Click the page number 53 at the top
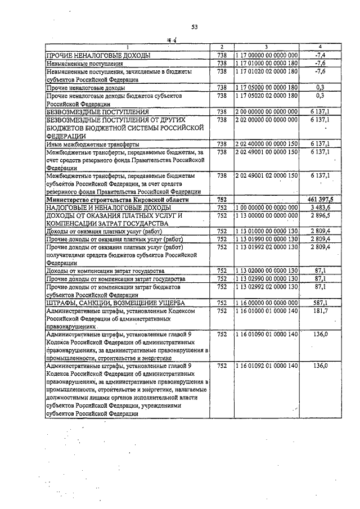click(x=195, y=26)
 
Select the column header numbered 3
click(x=265, y=47)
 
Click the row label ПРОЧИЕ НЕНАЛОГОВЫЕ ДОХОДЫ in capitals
click(x=99, y=55)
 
